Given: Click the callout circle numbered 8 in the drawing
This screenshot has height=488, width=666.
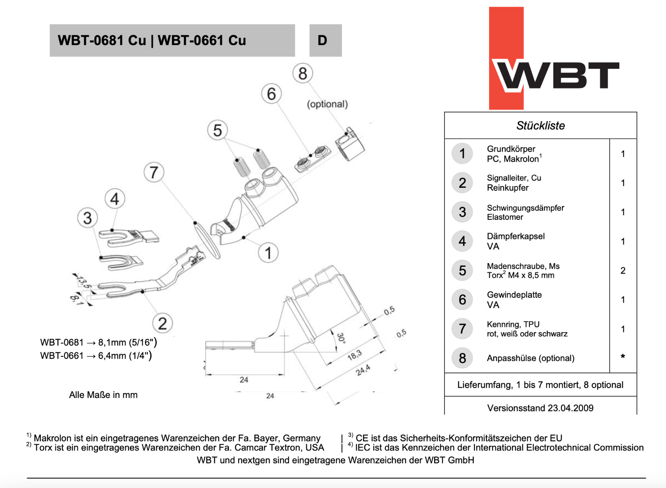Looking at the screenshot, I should (303, 73).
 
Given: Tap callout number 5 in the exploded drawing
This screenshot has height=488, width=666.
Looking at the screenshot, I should (217, 130).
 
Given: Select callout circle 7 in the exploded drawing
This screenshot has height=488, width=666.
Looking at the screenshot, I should (154, 172).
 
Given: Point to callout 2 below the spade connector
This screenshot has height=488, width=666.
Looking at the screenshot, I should (162, 323).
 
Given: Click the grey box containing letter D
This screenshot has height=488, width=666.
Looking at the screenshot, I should (325, 40).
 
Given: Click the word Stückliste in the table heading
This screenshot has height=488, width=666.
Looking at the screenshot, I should (540, 126).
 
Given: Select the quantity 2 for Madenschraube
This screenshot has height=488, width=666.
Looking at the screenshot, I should (623, 271).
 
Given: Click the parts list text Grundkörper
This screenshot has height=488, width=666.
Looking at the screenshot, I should (511, 149).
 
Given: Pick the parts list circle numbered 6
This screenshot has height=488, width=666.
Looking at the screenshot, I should (462, 300).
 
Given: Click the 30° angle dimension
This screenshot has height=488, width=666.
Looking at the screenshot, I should (341, 338).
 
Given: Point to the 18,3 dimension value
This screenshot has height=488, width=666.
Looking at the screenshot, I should (354, 355).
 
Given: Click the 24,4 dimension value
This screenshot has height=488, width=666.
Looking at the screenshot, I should (363, 370).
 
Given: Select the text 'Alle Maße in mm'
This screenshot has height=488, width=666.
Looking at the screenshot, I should (103, 395).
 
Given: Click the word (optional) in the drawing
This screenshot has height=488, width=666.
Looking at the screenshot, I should (327, 104).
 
